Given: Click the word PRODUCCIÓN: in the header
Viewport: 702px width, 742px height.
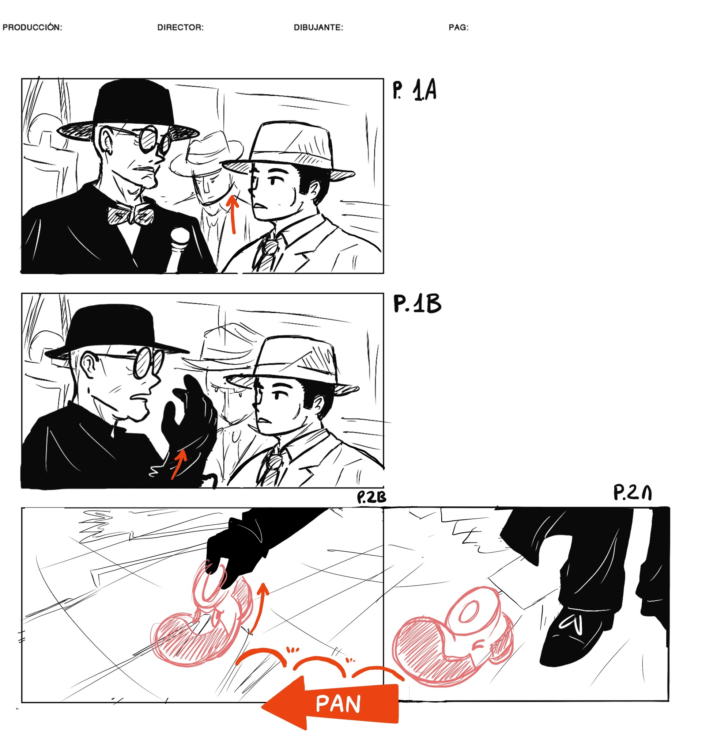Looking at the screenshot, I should coord(32,28).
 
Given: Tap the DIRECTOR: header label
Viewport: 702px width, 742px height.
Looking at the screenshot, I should coord(180,28).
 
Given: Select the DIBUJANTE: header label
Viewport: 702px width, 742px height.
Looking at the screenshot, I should coord(318,28).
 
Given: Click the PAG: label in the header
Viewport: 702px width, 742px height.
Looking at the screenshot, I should coord(458,28).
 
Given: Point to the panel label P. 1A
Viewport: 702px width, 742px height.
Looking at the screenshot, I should coord(414,91).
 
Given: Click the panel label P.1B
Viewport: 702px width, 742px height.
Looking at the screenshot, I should coord(417,304).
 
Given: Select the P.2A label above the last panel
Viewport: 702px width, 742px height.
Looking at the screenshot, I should coord(633,492).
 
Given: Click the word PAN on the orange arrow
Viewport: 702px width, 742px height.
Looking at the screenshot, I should coord(338,704).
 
